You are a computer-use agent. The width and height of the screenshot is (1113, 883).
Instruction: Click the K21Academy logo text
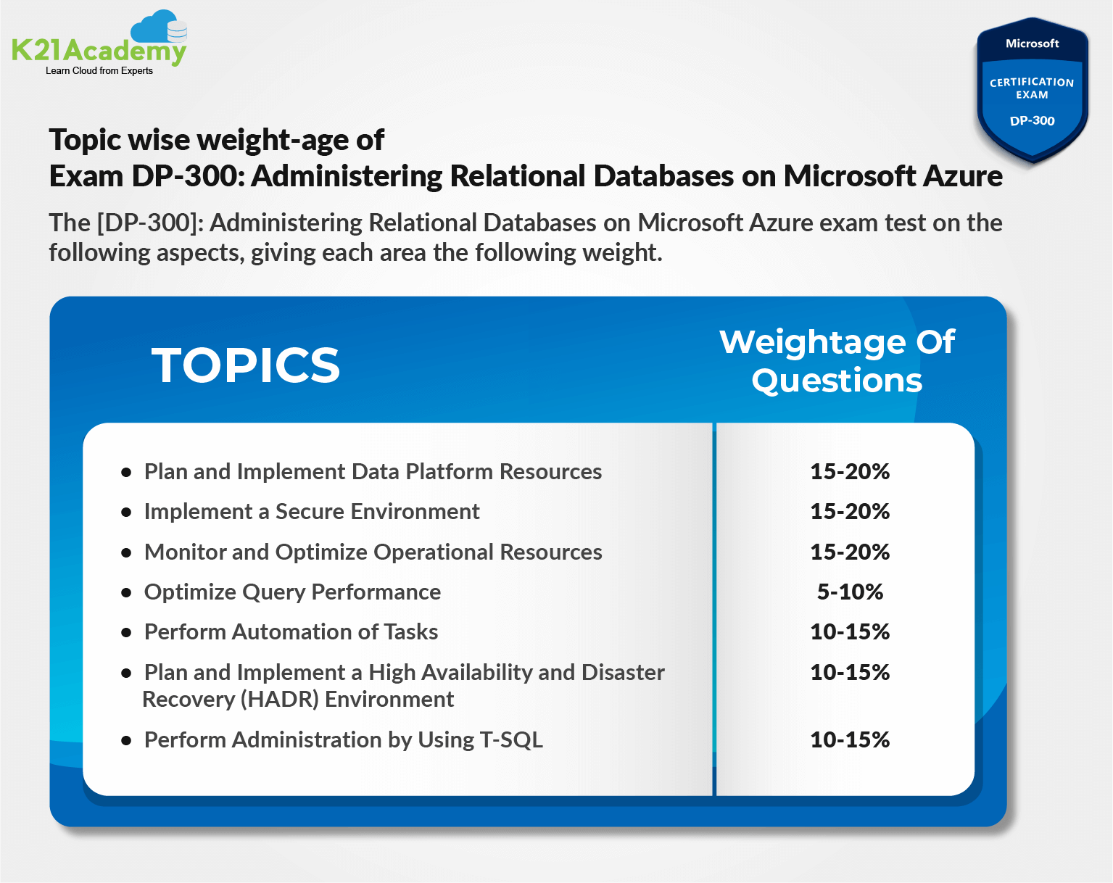[x=99, y=51]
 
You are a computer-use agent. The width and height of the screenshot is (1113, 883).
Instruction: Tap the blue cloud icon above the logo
[x=154, y=28]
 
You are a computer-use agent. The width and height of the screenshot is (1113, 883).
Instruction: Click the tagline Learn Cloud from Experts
[x=99, y=71]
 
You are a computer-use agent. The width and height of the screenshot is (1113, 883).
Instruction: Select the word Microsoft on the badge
[x=1032, y=43]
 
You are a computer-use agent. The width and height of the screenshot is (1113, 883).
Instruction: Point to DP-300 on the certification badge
[x=1032, y=121]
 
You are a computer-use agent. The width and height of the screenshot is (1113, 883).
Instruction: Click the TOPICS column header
[x=246, y=365]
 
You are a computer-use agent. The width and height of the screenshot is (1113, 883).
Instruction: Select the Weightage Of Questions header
[x=837, y=361]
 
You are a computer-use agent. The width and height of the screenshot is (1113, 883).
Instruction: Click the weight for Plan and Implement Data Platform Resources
[x=850, y=472]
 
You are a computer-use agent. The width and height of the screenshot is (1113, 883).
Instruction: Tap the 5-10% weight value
[x=850, y=592]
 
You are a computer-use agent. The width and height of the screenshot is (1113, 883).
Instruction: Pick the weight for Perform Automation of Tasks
[x=850, y=632]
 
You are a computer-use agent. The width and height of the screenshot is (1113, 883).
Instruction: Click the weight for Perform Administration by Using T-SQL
[x=850, y=740]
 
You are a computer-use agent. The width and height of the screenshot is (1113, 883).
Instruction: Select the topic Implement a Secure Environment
[x=312, y=512]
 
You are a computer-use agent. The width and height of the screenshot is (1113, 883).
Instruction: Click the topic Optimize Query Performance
[x=292, y=592]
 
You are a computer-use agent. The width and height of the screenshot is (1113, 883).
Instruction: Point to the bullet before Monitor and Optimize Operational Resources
[x=126, y=552]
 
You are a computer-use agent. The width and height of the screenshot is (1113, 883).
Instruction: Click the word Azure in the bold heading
[x=963, y=176]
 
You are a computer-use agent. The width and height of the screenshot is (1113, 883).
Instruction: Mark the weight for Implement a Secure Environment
[x=850, y=512]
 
